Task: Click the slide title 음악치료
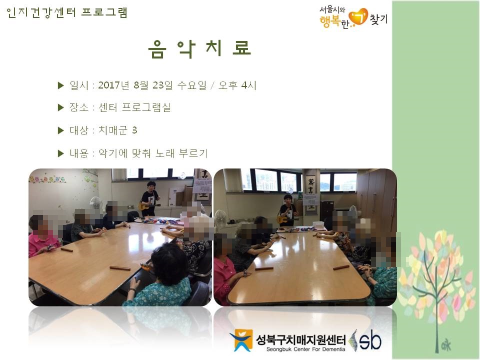(199, 49)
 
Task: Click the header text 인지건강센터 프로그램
(66, 12)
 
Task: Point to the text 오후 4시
(237, 85)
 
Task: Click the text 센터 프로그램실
(134, 107)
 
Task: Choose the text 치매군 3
(117, 130)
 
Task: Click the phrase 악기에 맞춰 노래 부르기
(153, 153)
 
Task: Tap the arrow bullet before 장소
(60, 107)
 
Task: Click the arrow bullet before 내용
(60, 153)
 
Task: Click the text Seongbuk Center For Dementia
(305, 349)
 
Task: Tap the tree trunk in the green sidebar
(437, 306)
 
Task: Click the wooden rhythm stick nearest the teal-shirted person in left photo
(120, 268)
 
